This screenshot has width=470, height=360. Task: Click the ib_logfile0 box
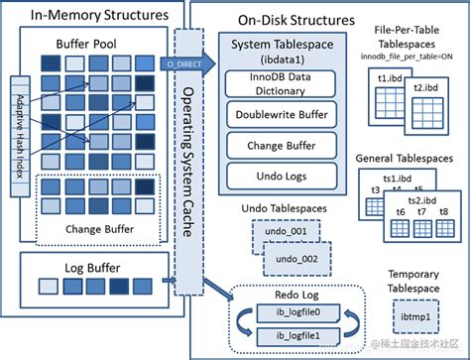point(284,312)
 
